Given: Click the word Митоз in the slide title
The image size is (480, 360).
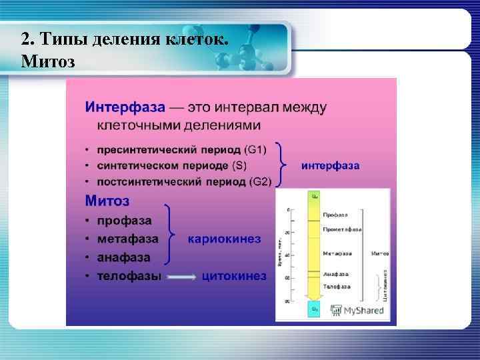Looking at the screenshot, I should [48, 62].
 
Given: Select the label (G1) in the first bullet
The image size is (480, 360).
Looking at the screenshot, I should [255, 150].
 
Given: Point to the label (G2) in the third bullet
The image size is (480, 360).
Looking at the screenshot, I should [260, 182].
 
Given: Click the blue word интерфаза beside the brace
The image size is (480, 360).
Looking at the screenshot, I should [330, 165].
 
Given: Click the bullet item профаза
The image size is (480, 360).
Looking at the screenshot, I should [124, 220].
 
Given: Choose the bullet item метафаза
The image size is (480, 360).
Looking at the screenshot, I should [127, 239].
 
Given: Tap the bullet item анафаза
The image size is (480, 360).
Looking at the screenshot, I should [123, 257].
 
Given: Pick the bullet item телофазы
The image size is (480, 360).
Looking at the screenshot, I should [129, 276].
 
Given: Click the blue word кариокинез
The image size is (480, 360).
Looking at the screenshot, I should [224, 239].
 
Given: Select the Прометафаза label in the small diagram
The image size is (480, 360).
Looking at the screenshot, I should [341, 229].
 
